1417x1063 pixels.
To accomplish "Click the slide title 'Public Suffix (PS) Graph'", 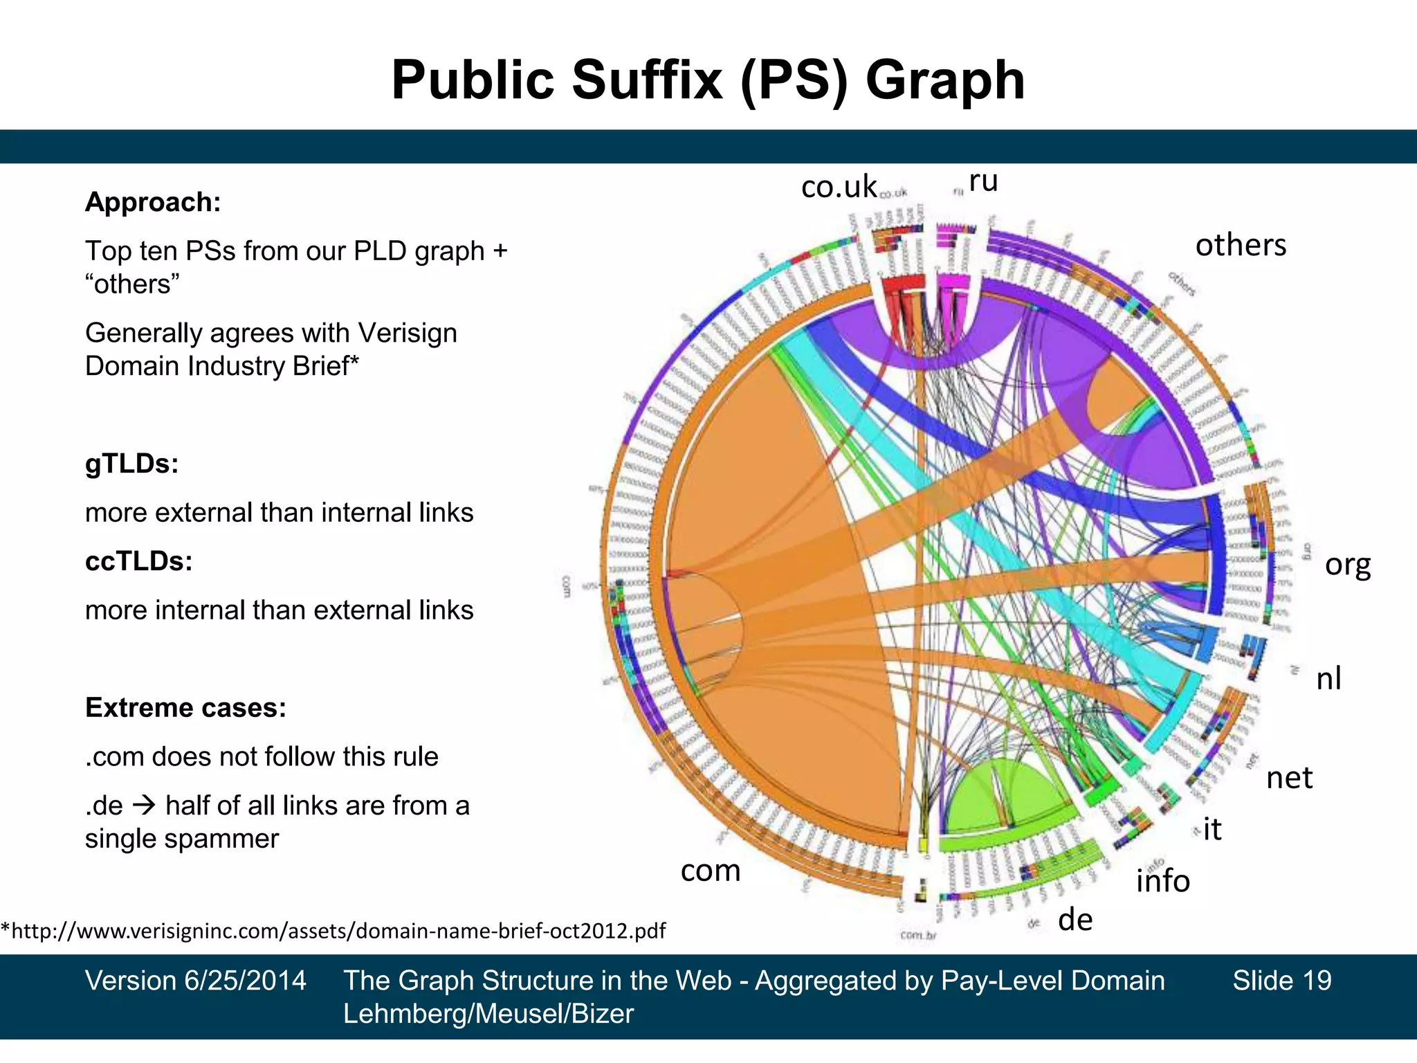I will pos(708,80).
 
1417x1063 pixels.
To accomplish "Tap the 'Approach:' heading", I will pos(153,202).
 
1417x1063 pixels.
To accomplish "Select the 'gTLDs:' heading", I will pos(131,464).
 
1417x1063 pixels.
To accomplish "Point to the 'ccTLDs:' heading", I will pos(138,561).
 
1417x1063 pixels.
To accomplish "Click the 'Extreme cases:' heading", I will pos(185,708).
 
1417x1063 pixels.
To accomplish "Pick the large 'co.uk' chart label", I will pos(839,187).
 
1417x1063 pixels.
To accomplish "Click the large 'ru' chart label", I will pos(983,181).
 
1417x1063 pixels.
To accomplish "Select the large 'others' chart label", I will pos(1241,245).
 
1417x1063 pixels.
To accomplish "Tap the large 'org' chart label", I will pos(1347,565).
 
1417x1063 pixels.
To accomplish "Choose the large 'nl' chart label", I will pos(1328,678).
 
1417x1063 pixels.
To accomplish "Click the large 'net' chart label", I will pos(1289,778).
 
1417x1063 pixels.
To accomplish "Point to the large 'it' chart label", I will pos(1212,829).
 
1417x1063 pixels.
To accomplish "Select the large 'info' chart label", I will pos(1162,881).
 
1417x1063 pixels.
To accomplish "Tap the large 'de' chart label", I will pos(1075,920).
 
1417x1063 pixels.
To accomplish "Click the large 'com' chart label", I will pos(711,871).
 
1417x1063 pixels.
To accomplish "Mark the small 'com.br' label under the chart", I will pos(918,936).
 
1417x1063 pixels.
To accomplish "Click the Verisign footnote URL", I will pos(333,931).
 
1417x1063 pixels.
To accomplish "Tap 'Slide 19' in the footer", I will pos(1281,981).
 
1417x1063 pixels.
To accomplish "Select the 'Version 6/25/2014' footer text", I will pos(196,981).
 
